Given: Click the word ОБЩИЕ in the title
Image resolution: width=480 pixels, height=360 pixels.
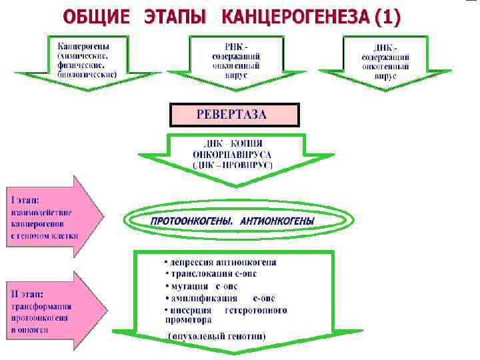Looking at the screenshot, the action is [x=97, y=17].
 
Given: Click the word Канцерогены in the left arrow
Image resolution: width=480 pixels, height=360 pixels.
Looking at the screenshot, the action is [x=85, y=46].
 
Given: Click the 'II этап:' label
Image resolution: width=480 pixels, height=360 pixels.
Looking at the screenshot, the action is [x=28, y=294].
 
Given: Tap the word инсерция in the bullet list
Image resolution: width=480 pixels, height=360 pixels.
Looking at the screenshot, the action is [x=191, y=310].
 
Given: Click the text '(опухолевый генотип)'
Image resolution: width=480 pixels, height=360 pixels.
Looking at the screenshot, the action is [x=217, y=336].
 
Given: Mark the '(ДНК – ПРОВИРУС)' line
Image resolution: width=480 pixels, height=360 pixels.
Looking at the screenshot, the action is [x=233, y=164].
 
